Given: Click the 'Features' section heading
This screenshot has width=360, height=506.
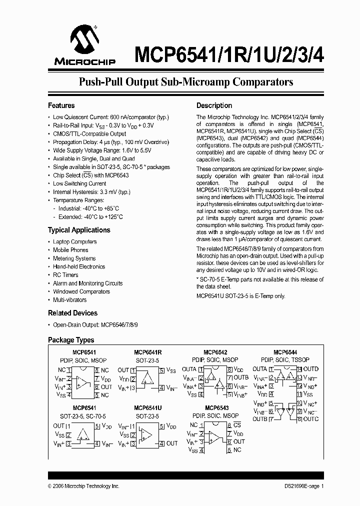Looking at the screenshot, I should [61, 105].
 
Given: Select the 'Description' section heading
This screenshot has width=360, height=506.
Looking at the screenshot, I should [214, 105].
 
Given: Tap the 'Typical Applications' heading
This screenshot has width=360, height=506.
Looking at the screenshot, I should [79, 230].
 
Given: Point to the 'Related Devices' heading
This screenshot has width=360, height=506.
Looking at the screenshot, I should [72, 313].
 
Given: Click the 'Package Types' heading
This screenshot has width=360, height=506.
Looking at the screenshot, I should [71, 340].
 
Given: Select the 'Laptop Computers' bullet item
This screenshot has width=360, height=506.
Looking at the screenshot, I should [75, 241].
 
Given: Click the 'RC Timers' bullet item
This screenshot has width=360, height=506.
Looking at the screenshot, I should [65, 275].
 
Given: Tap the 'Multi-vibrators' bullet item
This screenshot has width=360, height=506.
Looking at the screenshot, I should [69, 300].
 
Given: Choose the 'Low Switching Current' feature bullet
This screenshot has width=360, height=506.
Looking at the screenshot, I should [79, 183].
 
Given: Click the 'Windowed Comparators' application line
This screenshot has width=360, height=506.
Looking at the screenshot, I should [81, 291].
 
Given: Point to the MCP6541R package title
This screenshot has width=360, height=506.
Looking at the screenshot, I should [147, 352].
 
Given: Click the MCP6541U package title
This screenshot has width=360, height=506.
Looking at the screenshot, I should [147, 408].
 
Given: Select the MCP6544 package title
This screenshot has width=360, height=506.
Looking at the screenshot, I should [285, 352].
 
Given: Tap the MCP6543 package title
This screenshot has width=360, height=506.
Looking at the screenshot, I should [215, 408].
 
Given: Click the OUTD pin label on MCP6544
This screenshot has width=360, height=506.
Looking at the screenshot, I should [311, 369].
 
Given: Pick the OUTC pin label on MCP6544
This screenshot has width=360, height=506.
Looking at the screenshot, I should [310, 419].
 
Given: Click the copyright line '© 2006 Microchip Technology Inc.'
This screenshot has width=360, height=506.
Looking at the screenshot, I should [83, 486].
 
